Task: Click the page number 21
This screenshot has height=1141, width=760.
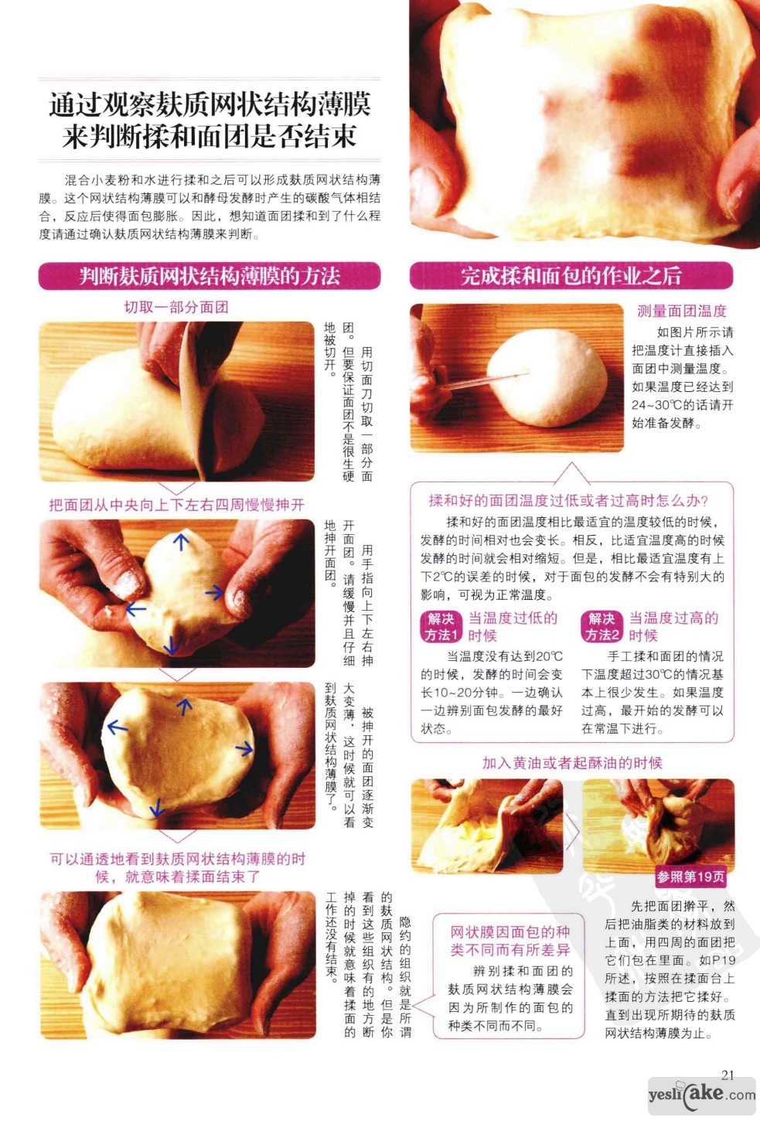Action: (x=728, y=1075)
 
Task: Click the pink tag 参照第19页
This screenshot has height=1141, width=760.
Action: (x=690, y=877)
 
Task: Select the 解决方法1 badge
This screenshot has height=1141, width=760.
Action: (x=441, y=626)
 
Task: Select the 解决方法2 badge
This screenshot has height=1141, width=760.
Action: (x=602, y=626)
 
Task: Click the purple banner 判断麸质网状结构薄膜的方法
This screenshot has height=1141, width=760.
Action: (x=210, y=276)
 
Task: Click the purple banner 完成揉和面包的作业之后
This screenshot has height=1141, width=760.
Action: (x=571, y=276)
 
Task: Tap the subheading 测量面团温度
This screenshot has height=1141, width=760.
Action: (x=682, y=311)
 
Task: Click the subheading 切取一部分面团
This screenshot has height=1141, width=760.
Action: (x=176, y=307)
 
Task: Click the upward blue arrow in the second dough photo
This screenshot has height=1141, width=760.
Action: (x=181, y=541)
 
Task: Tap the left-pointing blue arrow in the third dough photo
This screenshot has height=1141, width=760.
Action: (x=117, y=727)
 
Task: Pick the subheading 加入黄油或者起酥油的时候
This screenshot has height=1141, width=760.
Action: (x=572, y=762)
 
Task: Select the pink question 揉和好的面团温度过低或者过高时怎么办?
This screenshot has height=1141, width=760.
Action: (x=568, y=501)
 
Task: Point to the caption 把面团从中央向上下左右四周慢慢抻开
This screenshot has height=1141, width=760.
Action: (x=177, y=505)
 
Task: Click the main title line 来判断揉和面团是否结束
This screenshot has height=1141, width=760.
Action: (x=210, y=137)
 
